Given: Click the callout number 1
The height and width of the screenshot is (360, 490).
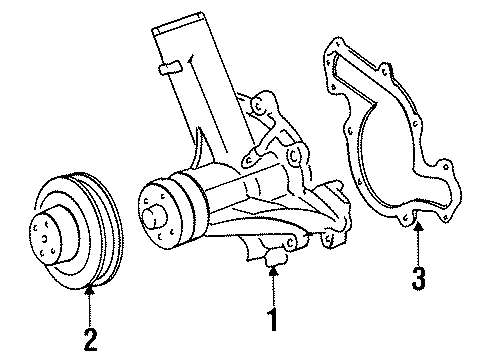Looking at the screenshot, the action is (x=273, y=319).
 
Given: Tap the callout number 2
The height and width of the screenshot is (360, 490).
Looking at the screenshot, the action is (x=90, y=340).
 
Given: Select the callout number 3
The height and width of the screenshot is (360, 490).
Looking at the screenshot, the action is (x=418, y=278).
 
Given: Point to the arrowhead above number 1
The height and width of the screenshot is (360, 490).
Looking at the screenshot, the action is (x=273, y=271).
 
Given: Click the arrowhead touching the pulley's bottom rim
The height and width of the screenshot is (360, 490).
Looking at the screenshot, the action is (x=90, y=290).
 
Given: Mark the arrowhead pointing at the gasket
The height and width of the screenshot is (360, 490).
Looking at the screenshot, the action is (x=419, y=227).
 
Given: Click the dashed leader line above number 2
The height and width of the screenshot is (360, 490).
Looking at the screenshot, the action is (x=90, y=310).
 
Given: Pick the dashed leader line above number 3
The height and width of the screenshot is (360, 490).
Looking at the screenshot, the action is (x=419, y=247).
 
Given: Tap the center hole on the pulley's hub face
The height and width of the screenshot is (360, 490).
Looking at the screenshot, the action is (x=44, y=239).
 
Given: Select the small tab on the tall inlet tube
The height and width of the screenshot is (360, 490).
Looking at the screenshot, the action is (x=170, y=68).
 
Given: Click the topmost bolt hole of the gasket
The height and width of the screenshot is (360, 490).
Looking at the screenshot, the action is (x=339, y=44).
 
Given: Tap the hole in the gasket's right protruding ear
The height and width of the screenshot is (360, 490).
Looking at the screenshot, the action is (x=446, y=167).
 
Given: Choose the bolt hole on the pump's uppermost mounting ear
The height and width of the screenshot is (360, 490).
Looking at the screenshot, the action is (x=258, y=106).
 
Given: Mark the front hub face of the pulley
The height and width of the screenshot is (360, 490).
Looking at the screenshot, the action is (x=45, y=238).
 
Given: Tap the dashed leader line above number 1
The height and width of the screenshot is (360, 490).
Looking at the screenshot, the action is (x=273, y=291).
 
